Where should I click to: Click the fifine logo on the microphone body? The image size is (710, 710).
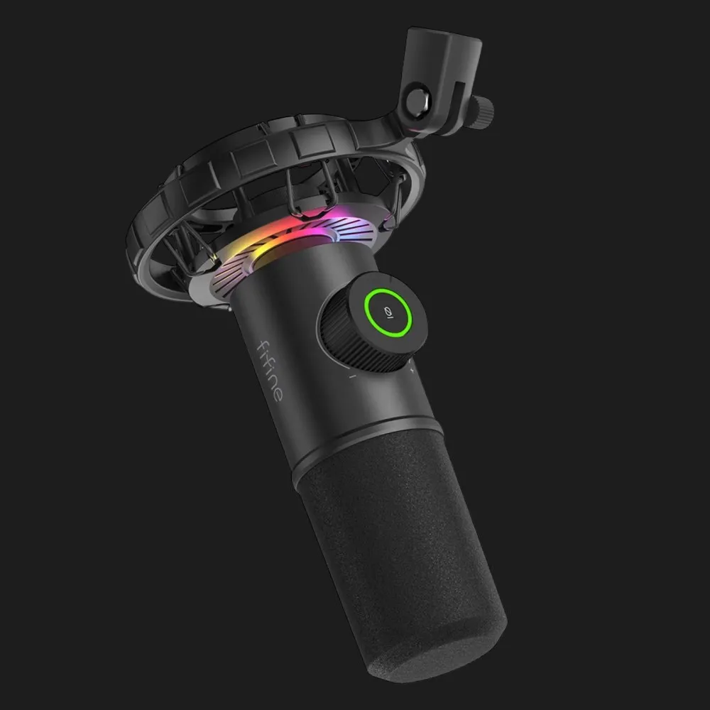tap(271, 371)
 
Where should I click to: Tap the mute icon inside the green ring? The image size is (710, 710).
tap(388, 312)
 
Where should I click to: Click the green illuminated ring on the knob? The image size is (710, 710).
tap(388, 312)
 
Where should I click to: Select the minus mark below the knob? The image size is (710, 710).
tap(352, 376)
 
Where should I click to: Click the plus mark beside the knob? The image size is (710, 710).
tap(412, 371)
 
